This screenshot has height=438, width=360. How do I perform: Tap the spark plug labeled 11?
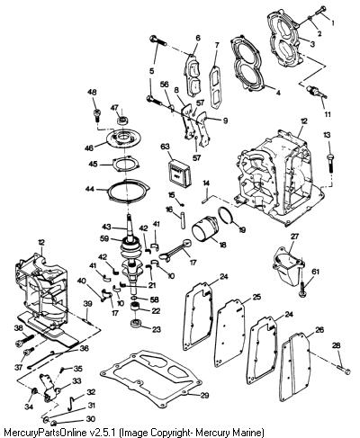tap(315, 91)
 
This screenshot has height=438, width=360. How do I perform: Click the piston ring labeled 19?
tap(227, 211)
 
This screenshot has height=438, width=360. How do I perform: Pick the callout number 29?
tap(204, 395)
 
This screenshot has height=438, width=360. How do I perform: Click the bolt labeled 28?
tap(343, 369)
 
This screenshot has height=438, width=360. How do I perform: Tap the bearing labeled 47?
tap(122, 121)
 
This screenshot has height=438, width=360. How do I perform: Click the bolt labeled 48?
tap(97, 114)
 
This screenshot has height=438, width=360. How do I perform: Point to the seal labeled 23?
tap(137, 324)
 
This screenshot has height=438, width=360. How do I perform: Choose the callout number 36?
tap(85, 349)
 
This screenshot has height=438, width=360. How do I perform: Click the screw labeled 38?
tap(26, 339)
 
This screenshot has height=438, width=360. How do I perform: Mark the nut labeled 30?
tap(55, 423)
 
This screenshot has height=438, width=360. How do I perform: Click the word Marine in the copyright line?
tap(247, 433)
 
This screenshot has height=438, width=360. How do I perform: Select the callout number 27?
tap(295, 236)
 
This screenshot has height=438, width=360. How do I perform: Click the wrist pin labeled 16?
tap(183, 221)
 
